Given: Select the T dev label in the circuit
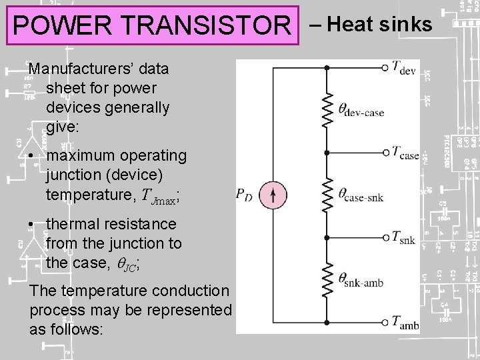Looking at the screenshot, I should coord(404,67).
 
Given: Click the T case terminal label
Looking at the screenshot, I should coord(405,153).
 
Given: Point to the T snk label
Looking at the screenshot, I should coord(403,237).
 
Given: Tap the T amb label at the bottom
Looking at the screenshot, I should coord(405,323).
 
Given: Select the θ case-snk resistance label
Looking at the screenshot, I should coord(361,195).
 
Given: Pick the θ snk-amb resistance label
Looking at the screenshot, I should coord(361,280).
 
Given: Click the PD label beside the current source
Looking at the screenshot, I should coord(245,195).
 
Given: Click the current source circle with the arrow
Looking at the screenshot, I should coord(273,196).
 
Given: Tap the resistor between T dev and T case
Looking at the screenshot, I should coord(327,110).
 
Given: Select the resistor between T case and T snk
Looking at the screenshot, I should coord(327,195).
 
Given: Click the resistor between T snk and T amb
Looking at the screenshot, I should coord(327,280).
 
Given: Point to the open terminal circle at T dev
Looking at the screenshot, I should coord(385,67).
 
